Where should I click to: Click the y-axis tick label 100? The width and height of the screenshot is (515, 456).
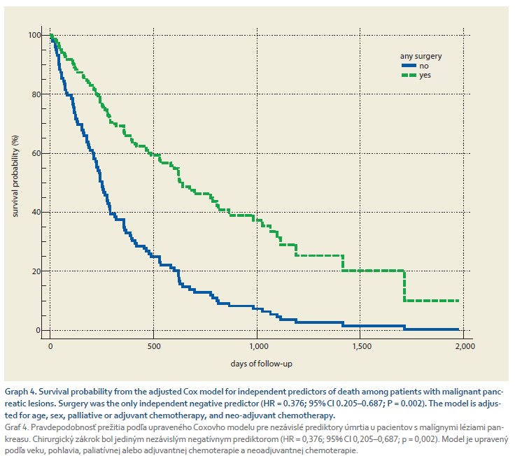[35, 35]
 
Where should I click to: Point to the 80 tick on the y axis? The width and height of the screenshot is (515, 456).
[37, 94]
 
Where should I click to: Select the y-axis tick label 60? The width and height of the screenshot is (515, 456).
[37, 153]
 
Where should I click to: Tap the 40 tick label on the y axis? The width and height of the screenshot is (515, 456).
[37, 212]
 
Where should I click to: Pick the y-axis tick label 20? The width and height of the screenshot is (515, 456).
[37, 271]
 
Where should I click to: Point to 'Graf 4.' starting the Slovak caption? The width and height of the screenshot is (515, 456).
[17, 427]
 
